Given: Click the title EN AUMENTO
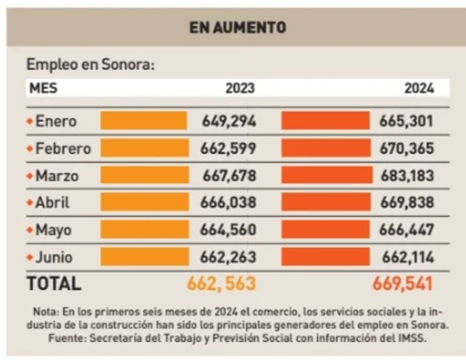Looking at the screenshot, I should click(237, 28).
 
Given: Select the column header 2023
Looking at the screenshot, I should click(240, 88).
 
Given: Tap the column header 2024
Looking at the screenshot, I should click(419, 88).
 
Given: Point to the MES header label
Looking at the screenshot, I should click(43, 88).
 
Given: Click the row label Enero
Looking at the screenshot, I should click(56, 121).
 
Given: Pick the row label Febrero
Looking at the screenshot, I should click(63, 149).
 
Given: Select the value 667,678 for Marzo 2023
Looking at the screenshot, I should click(229, 176).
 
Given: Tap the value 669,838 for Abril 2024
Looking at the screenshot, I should click(407, 202).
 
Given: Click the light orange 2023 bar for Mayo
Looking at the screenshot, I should click(144, 230).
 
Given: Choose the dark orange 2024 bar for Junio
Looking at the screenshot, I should click(325, 257).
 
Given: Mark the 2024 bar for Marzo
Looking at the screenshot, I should click(327, 175).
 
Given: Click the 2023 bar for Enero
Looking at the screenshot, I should click(144, 121).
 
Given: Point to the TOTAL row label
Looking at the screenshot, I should click(54, 284).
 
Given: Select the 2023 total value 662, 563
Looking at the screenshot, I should click(221, 284).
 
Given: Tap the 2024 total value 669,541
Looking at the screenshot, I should click(402, 284).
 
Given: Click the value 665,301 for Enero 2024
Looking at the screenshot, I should click(406, 121).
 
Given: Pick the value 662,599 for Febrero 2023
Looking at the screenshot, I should click(228, 149).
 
